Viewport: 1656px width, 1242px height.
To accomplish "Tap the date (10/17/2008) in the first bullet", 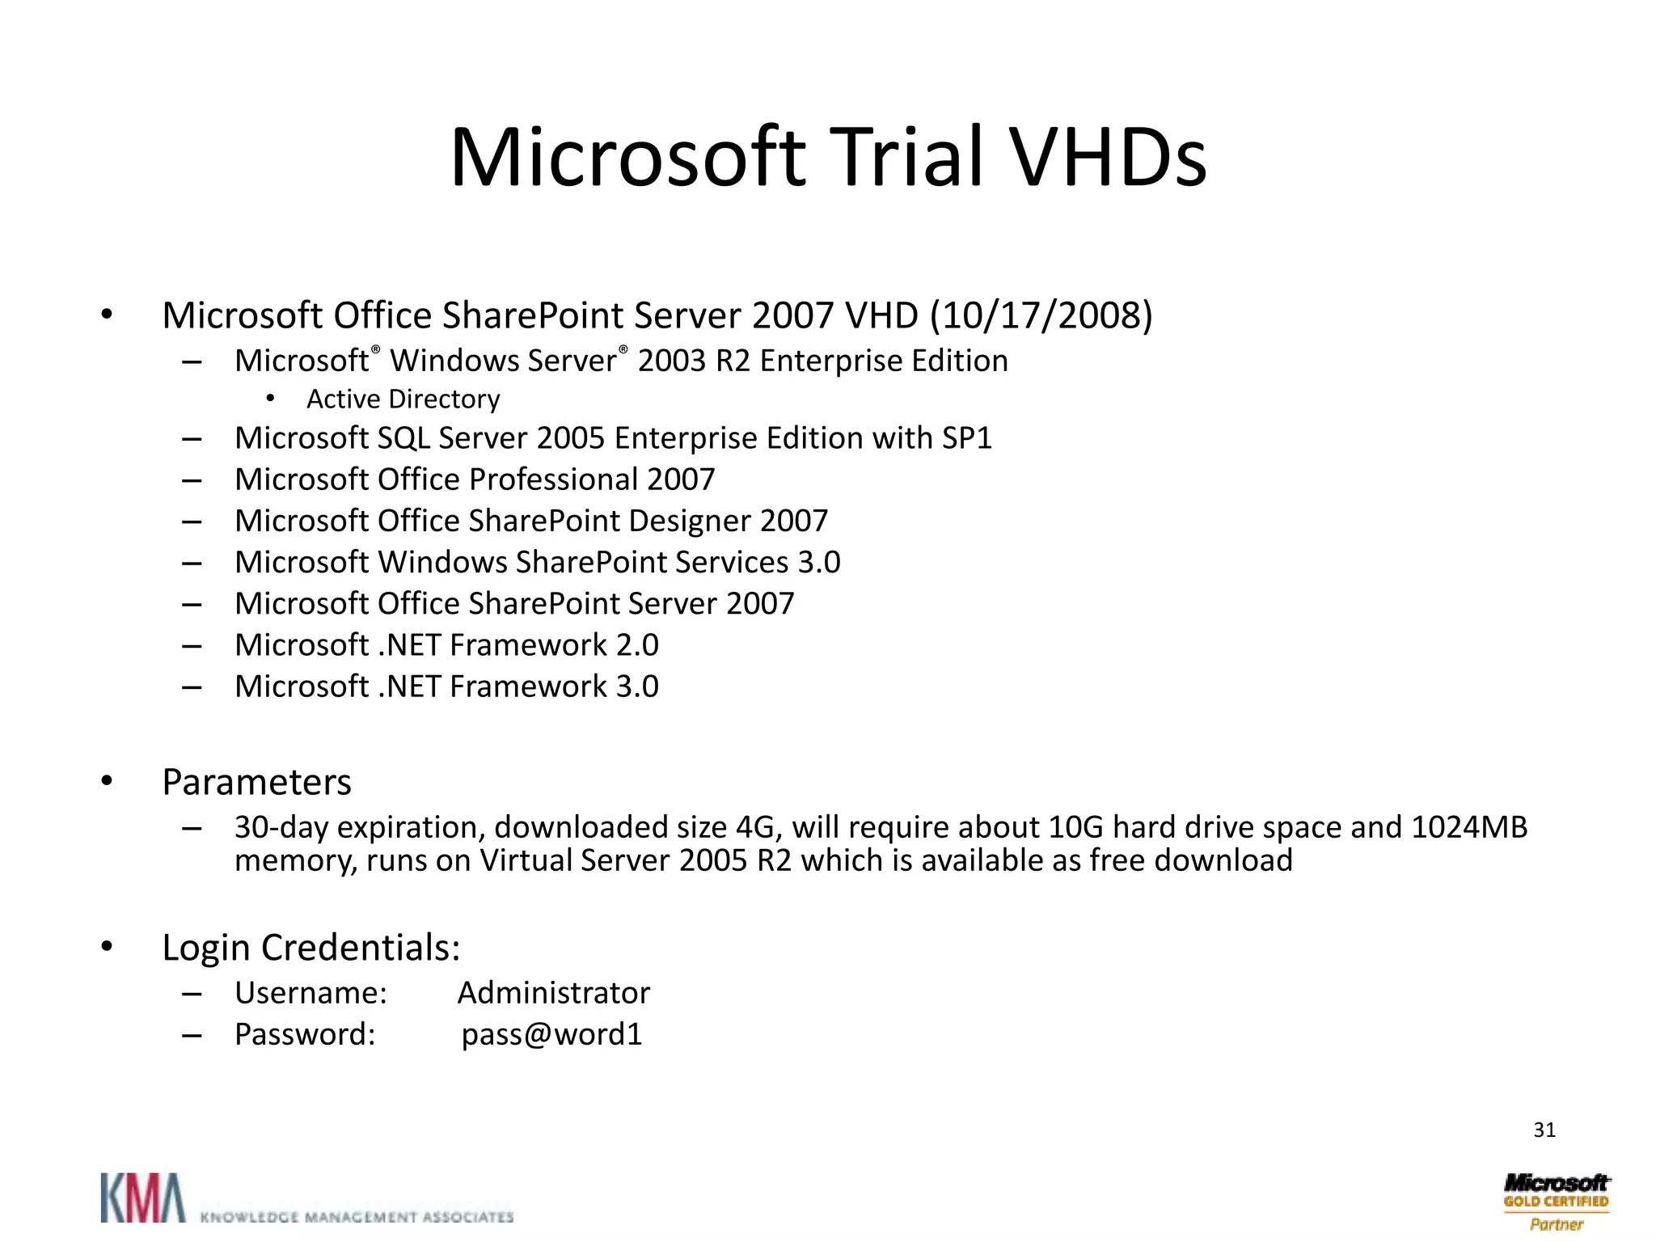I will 1041,315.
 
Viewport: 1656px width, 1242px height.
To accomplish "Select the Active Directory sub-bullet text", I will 403,399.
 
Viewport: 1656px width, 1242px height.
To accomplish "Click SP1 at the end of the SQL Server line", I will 966,438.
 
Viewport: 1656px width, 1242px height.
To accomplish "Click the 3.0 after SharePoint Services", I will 819,562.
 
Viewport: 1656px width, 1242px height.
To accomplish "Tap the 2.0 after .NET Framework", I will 637,645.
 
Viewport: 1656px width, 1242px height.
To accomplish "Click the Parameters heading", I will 256,782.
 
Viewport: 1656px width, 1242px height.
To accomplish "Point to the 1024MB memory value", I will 1468,827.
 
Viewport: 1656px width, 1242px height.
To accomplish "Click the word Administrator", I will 553,993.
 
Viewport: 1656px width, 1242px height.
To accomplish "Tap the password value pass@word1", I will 551,1034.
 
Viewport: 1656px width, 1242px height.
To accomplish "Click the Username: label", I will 310,993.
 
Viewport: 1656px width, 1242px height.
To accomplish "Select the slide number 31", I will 1544,1130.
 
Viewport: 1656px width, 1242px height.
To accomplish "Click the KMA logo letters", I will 142,1198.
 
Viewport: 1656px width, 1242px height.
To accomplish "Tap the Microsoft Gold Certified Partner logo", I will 1556,1202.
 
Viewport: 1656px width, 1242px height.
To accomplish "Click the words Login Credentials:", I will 310,948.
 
